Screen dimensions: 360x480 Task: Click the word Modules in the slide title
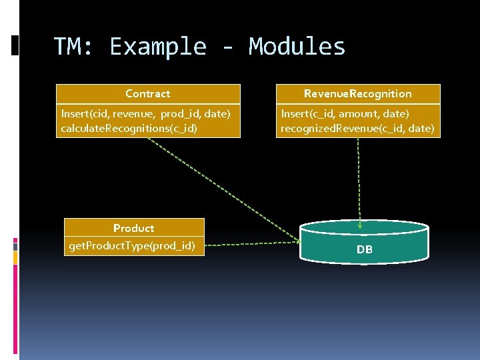pyautogui.click(x=297, y=47)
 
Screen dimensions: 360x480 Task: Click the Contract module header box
pyautogui.click(x=148, y=94)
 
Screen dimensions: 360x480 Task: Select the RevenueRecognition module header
pyautogui.click(x=358, y=94)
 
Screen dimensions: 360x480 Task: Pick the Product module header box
pyautogui.click(x=134, y=228)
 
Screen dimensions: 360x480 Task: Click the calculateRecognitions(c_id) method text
pyautogui.click(x=129, y=127)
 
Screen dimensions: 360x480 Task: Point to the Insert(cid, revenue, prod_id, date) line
pyautogui.click(x=145, y=114)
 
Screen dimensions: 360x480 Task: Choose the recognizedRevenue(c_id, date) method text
pyautogui.click(x=357, y=127)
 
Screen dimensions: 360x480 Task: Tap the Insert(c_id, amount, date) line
pyautogui.click(x=345, y=114)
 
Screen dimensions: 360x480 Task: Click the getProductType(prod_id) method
pyautogui.click(x=132, y=246)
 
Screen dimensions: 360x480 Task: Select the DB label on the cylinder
pyautogui.click(x=364, y=250)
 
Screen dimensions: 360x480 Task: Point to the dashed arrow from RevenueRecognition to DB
pyautogui.click(x=359, y=180)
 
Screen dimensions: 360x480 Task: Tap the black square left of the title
pyautogui.click(x=15, y=45)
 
